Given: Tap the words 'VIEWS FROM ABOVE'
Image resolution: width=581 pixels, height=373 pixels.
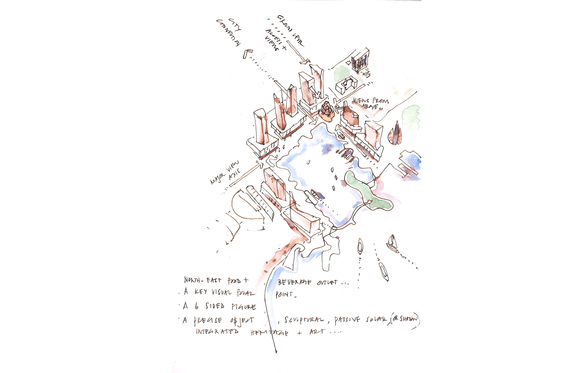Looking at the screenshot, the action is (370, 103).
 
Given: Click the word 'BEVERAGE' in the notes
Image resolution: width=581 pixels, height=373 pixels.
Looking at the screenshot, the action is (294, 282).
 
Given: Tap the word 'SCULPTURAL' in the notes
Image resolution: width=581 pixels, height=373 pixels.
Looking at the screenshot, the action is (304, 320).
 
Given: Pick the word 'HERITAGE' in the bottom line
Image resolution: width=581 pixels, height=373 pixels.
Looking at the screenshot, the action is (270, 333).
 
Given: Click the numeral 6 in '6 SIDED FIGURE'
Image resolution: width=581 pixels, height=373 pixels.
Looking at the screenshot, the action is (196, 306).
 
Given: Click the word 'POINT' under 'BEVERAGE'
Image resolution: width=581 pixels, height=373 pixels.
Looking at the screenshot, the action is (285, 294).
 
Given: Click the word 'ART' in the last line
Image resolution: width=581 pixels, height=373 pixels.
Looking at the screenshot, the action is (316, 332).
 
